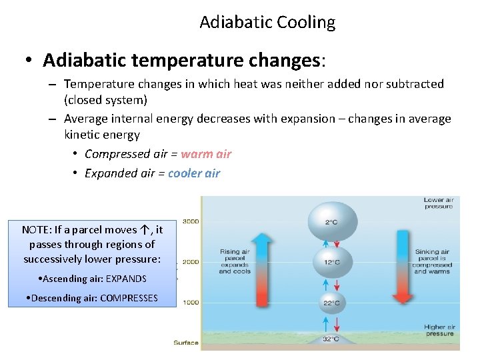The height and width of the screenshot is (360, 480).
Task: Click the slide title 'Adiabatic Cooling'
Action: click(267, 22)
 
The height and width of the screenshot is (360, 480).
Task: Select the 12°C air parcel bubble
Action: click(331, 261)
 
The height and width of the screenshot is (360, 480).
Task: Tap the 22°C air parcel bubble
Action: click(331, 303)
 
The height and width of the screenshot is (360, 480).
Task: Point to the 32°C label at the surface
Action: click(331, 339)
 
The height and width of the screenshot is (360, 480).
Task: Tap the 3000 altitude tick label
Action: click(191, 221)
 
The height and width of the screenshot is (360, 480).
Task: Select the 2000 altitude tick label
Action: click(191, 262)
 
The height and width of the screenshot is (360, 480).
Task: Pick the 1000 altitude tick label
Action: click(191, 303)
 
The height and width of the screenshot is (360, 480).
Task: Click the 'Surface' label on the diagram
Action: click(186, 343)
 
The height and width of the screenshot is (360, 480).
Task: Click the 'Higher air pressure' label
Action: click(439, 330)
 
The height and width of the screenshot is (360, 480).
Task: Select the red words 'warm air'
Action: click(206, 154)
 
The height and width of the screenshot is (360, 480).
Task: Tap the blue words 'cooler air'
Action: click(194, 173)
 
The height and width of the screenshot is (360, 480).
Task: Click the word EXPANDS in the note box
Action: click(123, 279)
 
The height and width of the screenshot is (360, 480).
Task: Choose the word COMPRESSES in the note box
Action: click(129, 298)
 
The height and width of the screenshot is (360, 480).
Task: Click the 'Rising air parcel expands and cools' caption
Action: click(234, 261)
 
